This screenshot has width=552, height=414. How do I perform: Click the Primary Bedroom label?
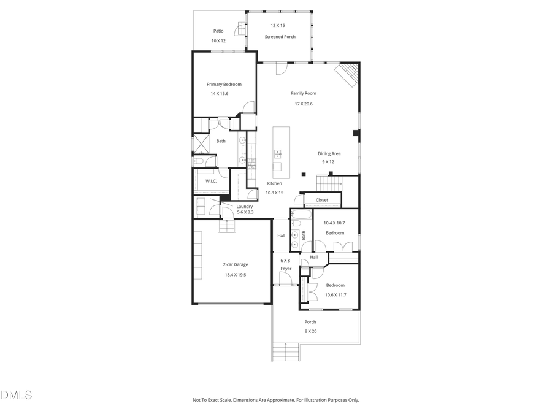tap(224, 84)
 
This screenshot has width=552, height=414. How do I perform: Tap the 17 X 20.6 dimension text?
tap(304, 104)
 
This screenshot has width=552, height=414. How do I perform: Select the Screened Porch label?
tap(280, 37)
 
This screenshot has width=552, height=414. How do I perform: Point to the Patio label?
tap(218, 31)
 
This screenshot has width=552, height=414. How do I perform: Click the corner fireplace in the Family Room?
tap(348, 75)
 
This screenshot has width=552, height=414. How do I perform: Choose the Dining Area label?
tap(329, 153)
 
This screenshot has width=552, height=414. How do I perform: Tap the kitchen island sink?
tap(277, 153)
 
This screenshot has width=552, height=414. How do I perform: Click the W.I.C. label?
tap(210, 181)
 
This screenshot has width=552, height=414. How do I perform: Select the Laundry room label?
tap(245, 206)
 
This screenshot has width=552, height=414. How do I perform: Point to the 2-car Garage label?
tap(235, 264)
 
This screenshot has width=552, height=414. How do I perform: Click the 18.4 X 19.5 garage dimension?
tap(235, 275)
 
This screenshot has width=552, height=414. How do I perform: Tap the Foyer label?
tap(286, 269)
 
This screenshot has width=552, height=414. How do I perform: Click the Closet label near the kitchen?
tap(322, 200)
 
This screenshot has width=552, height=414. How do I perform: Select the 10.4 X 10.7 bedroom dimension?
tap(335, 223)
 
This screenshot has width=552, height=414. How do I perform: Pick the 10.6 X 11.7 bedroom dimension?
tap(335, 295)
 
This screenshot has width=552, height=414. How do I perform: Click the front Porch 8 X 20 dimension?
tap(310, 331)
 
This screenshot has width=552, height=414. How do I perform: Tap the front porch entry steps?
tap(285, 352)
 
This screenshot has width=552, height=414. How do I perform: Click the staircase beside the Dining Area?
tap(328, 183)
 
